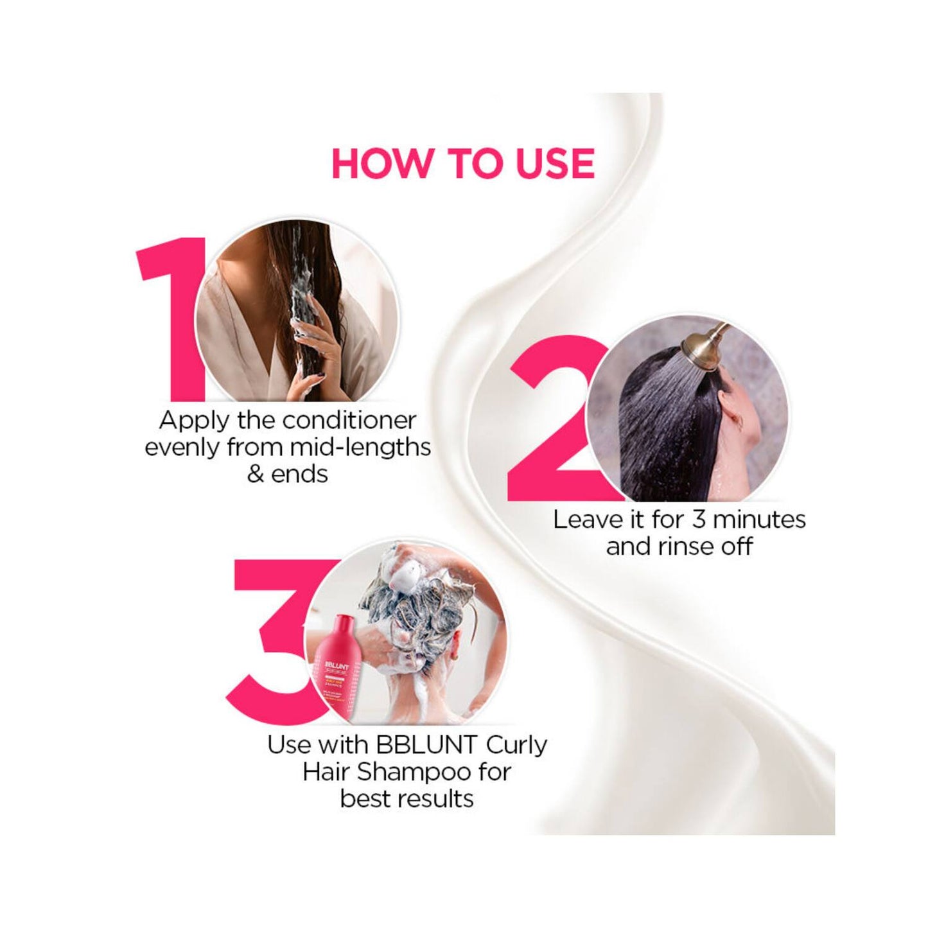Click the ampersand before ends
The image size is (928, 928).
(256, 474)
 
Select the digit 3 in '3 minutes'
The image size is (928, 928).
(699, 519)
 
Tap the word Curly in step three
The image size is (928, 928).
(517, 745)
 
